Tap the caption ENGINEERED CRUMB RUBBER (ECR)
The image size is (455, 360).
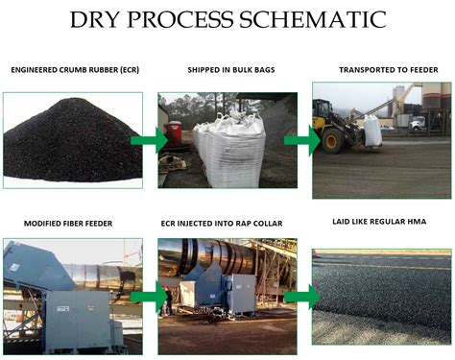click(x=72, y=70)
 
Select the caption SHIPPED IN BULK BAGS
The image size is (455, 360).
click(x=225, y=70)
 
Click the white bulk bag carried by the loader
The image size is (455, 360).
click(x=371, y=130)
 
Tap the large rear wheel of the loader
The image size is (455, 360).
click(x=335, y=139)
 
